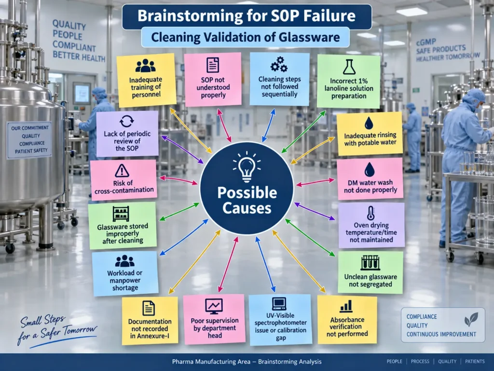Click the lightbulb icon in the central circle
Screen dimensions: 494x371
(247, 167)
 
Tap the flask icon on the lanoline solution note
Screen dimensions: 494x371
(349, 67)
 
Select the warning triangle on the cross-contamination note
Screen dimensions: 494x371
(122, 171)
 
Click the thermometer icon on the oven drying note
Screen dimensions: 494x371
(371, 214)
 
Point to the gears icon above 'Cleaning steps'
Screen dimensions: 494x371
(279, 64)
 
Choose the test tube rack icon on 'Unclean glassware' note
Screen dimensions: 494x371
(370, 263)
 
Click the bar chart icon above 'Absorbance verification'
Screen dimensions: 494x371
(346, 306)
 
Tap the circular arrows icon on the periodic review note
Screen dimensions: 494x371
(127, 121)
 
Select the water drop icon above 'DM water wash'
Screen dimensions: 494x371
(370, 170)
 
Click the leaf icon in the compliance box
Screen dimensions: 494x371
(471, 319)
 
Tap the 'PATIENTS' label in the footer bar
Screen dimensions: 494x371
(475, 361)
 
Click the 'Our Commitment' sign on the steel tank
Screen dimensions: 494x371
(29, 140)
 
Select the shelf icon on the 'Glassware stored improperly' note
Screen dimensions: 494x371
(121, 214)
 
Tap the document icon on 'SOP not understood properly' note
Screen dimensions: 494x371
(213, 65)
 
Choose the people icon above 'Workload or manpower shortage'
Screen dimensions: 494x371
(125, 261)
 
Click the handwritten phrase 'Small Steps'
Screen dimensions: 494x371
(43, 321)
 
